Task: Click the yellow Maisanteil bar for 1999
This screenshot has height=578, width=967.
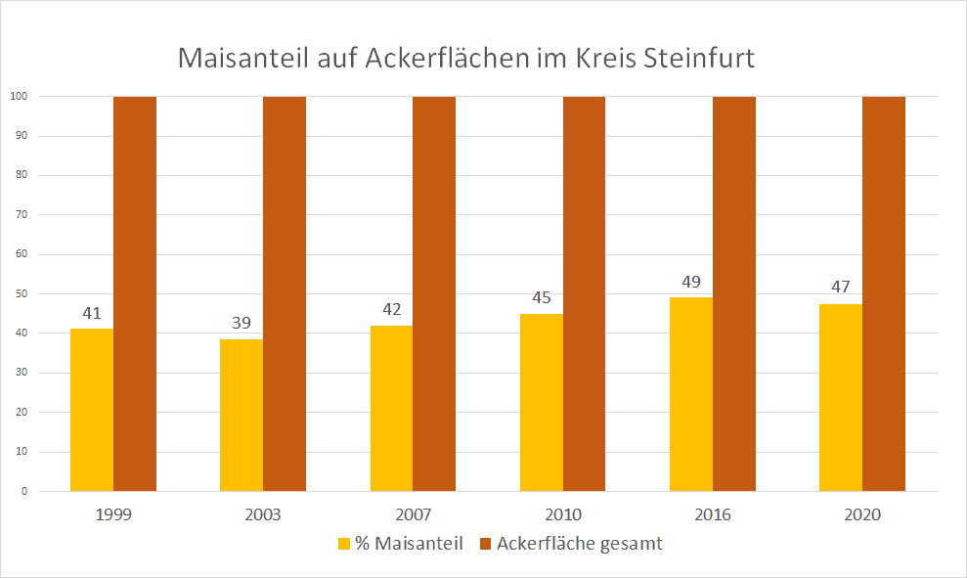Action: click(x=92, y=410)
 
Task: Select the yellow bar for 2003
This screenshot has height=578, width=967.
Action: click(x=242, y=415)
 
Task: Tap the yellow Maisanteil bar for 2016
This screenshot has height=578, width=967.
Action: click(x=691, y=394)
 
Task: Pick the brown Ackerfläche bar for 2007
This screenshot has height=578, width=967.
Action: click(x=434, y=293)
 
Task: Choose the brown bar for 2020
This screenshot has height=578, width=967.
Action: click(x=884, y=293)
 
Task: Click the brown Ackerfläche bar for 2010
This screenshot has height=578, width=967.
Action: click(x=584, y=293)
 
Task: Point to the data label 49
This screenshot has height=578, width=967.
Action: click(x=691, y=282)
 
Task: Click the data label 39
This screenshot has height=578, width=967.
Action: click(x=242, y=324)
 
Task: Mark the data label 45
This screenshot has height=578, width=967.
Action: click(x=542, y=297)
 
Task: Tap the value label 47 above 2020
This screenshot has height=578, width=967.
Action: click(x=841, y=288)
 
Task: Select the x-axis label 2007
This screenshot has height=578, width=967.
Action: click(x=413, y=515)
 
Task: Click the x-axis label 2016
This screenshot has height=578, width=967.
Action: click(x=713, y=515)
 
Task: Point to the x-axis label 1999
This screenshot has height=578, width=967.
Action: click(x=113, y=515)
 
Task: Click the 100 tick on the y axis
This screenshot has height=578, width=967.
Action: click(x=19, y=97)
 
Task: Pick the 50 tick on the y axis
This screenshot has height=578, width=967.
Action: click(x=22, y=294)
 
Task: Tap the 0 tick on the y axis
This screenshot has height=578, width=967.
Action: click(x=24, y=492)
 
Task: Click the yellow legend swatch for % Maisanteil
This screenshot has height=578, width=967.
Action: click(x=343, y=544)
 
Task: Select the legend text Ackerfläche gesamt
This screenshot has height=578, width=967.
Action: click(x=579, y=544)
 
